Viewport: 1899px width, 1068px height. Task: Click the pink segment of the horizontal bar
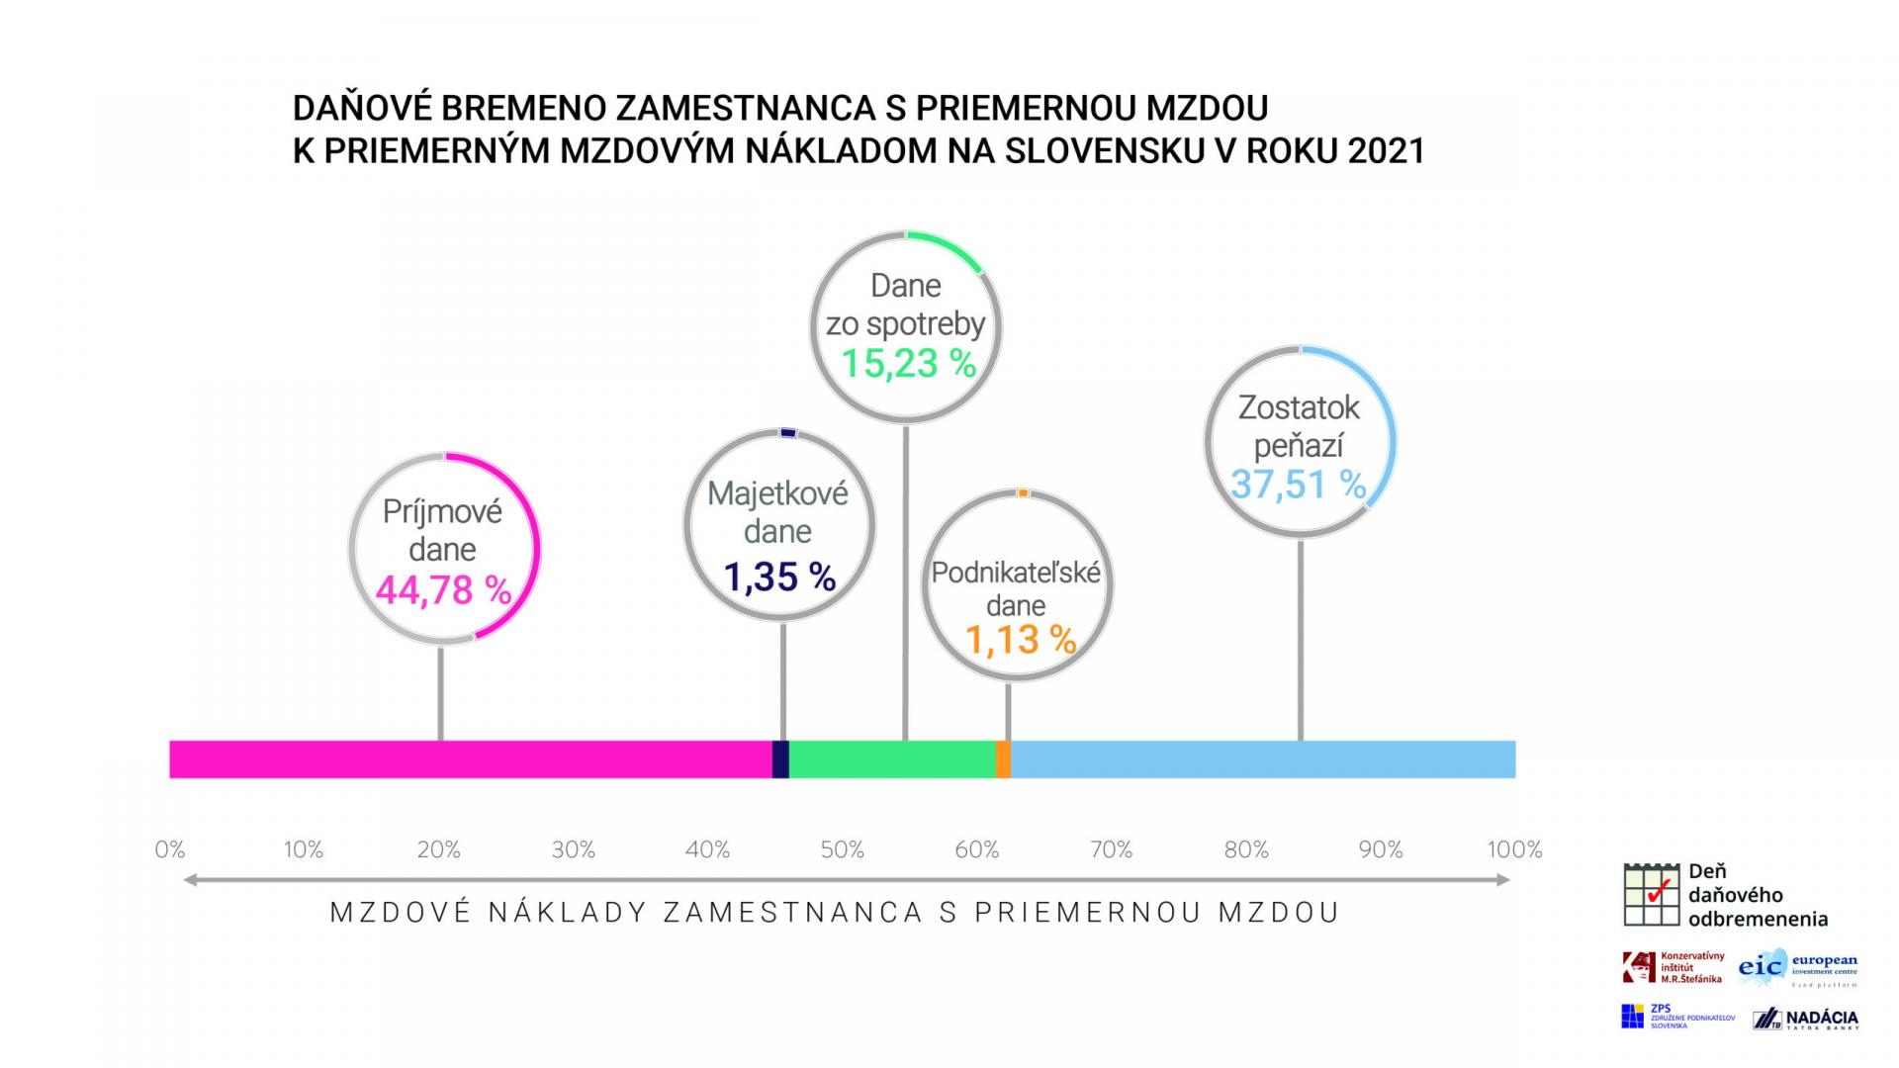(x=470, y=759)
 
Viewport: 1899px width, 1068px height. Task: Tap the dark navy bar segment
(x=780, y=759)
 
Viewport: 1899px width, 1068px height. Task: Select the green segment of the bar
(x=891, y=759)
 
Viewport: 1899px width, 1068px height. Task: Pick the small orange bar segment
(x=1003, y=759)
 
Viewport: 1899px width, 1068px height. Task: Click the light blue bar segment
(x=1262, y=759)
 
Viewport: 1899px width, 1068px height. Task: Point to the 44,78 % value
(x=444, y=591)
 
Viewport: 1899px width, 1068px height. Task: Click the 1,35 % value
(x=779, y=577)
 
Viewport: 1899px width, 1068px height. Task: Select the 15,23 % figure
(x=908, y=364)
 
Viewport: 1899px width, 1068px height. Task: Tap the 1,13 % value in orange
(x=1020, y=640)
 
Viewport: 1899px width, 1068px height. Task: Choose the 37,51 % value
(x=1298, y=485)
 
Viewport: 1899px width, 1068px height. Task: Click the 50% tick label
(x=842, y=849)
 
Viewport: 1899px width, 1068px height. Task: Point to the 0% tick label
(x=170, y=849)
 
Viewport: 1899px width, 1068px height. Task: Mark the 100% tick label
(x=1514, y=849)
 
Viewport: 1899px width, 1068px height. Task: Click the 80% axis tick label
(x=1245, y=849)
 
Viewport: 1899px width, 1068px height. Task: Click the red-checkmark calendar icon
(x=1651, y=895)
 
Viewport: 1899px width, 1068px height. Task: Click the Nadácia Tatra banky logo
(x=1805, y=1019)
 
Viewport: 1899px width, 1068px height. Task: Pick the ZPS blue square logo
(x=1632, y=1017)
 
